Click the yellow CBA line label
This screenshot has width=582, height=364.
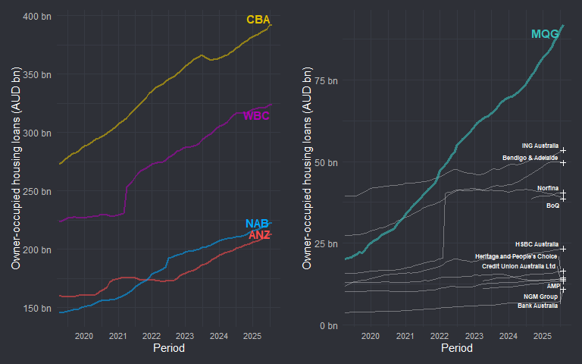click(258, 20)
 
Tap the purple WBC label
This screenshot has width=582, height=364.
click(256, 115)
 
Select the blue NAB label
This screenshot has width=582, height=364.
click(257, 224)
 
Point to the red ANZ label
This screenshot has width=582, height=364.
click(259, 235)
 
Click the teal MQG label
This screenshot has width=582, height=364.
click(545, 34)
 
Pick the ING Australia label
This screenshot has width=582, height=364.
click(540, 146)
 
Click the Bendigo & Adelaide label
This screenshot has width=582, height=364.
click(530, 158)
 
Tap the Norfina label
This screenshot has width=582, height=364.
click(548, 187)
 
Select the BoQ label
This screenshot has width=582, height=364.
click(552, 206)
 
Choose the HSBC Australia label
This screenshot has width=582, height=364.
click(536, 244)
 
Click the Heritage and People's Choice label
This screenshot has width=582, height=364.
click(516, 256)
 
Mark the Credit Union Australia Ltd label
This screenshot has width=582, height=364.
click(519, 266)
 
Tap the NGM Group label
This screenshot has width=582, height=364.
click(540, 296)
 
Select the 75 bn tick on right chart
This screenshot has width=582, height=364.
click(327, 80)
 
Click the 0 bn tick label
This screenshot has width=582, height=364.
click(329, 325)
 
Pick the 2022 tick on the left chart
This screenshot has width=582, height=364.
click(151, 335)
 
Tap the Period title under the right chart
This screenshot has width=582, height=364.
click(456, 348)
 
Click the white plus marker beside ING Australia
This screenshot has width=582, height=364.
click(563, 150)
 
